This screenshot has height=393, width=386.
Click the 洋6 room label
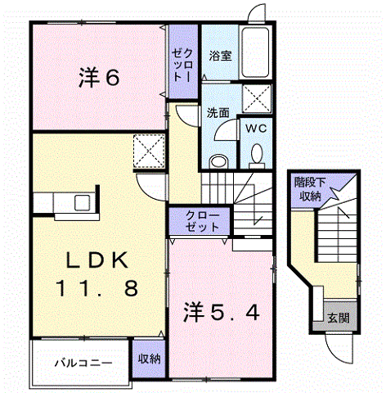click(x=99, y=78)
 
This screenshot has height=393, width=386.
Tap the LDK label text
click(x=97, y=260)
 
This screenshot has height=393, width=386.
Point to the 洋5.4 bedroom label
click(x=222, y=312)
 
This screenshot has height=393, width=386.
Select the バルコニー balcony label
click(x=83, y=364)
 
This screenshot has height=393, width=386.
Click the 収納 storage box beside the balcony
click(x=149, y=359)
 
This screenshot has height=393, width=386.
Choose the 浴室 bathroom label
click(x=220, y=56)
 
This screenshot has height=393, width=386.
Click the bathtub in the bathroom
click(x=255, y=52)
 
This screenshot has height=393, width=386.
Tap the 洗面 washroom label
click(x=218, y=112)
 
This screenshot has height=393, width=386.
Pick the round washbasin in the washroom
click(x=218, y=161)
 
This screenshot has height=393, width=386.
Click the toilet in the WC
click(x=257, y=156)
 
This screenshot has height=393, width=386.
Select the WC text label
click(x=256, y=128)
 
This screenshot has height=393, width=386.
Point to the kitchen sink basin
click(x=83, y=203)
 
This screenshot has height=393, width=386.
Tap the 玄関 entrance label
click(x=339, y=318)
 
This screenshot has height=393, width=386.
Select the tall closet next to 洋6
click(x=183, y=61)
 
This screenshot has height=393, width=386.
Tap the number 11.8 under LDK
click(x=97, y=289)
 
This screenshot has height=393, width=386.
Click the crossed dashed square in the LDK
click(x=149, y=151)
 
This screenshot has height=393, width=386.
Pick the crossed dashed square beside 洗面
click(x=257, y=98)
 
